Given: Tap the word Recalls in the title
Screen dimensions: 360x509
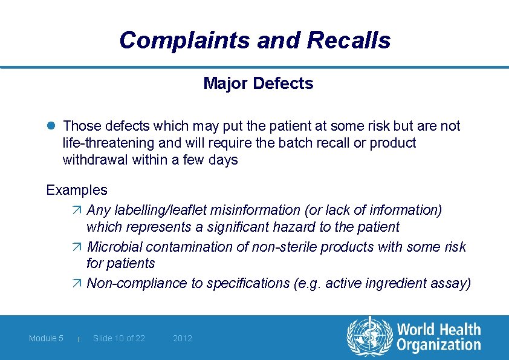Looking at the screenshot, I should coord(349,41).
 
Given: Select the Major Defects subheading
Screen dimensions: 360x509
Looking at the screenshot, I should coord(258,83).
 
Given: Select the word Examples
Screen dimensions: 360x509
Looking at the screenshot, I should coord(77,190).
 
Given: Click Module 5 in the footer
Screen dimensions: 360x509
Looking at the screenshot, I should coord(46,338).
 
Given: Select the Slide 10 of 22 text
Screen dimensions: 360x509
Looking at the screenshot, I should coord(119,338).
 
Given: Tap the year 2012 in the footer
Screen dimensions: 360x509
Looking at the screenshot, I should coord(183,338).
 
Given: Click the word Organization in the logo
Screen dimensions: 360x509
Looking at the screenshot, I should coord(439,345).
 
